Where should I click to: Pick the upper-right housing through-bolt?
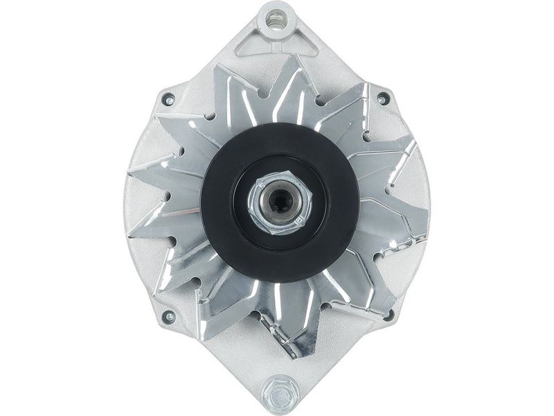[x=382, y=99]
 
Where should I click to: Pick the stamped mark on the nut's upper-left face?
[x=259, y=186]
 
